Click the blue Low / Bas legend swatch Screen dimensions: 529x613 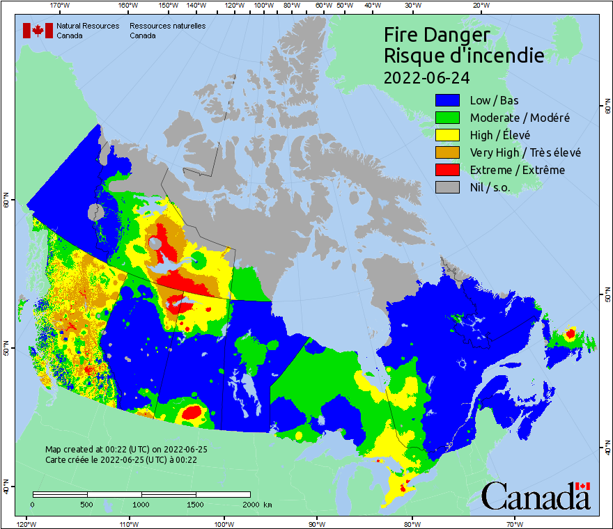pyautogui.click(x=449, y=100)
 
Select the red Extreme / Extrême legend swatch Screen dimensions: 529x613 pyautogui.click(x=449, y=170)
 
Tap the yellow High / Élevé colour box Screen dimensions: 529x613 pyautogui.click(x=449, y=135)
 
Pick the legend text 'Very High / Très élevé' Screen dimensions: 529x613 pyautogui.click(x=525, y=152)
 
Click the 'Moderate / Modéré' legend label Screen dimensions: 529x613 pyautogui.click(x=520, y=118)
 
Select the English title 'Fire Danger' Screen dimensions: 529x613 pyautogui.click(x=437, y=35)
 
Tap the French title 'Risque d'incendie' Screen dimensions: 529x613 pyautogui.click(x=463, y=56)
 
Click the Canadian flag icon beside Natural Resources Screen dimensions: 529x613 pyautogui.click(x=38, y=31)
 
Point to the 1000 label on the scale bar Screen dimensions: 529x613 pyautogui.click(x=141, y=505)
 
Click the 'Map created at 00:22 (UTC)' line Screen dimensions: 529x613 pyautogui.click(x=126, y=450)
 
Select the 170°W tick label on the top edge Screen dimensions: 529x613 pyautogui.click(x=61, y=6)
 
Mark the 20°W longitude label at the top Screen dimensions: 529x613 pyautogui.click(x=480, y=6)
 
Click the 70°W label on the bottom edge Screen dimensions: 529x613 pyautogui.click(x=514, y=523)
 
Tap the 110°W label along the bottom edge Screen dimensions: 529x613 pyautogui.click(x=128, y=523)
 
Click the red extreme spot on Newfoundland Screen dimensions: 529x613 pyautogui.click(x=571, y=334)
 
